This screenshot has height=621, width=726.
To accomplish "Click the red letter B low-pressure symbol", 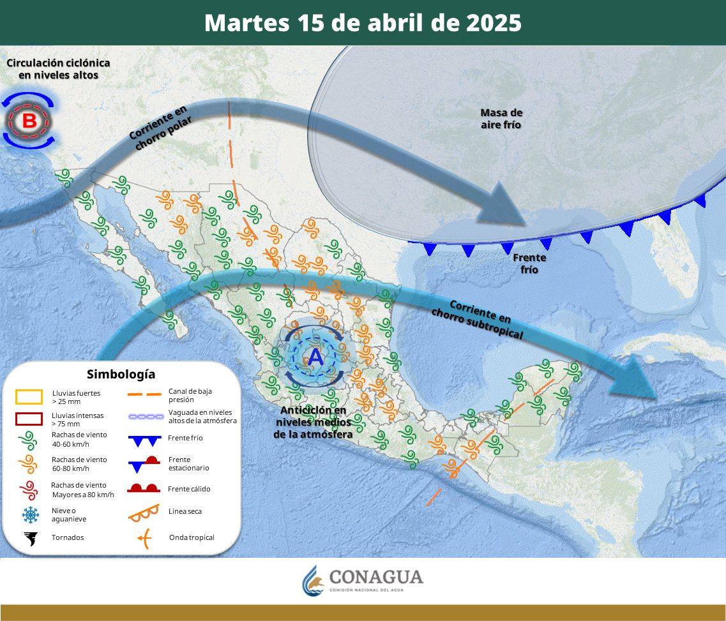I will point(29,121).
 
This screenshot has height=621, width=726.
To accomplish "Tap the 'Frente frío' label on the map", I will point(529,264).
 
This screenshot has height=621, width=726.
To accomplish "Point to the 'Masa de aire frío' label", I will point(501,119).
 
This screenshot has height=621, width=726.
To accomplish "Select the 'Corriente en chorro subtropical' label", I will point(478,319).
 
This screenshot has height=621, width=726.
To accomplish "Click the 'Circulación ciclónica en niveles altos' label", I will point(58,69).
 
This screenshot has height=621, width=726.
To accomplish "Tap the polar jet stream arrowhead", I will point(508,204).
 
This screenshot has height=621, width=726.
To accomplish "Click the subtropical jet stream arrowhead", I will point(635,383).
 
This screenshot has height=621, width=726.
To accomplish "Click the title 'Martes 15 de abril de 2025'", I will point(363,23).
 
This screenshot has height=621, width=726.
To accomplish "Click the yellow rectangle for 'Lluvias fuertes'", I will point(29,397).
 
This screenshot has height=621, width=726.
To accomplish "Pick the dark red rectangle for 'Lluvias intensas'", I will point(29,419).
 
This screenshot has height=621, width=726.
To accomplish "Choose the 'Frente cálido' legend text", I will point(189,489).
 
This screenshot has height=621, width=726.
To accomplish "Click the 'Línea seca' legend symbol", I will point(144,511).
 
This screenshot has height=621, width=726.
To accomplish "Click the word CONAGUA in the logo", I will point(376,577).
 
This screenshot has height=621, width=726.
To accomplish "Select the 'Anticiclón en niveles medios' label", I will point(313,422).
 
